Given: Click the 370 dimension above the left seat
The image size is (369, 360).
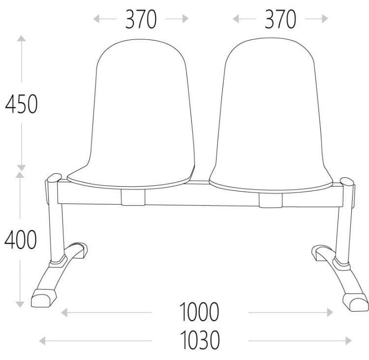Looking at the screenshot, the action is pyautogui.click(x=141, y=19).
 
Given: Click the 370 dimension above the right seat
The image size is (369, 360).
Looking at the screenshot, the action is pyautogui.click(x=280, y=19).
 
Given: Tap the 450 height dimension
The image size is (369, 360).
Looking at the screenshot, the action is pyautogui.click(x=22, y=103).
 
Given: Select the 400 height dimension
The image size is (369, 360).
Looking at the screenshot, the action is pyautogui.click(x=21, y=240).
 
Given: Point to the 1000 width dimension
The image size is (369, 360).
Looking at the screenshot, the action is pyautogui.click(x=199, y=312).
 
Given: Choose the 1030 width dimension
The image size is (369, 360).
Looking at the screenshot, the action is pyautogui.click(x=200, y=340).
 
